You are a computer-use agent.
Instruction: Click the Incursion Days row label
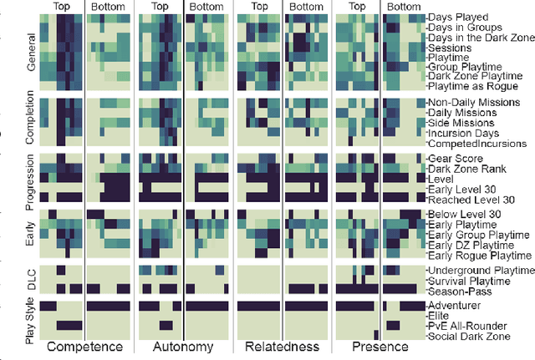(x=463, y=132)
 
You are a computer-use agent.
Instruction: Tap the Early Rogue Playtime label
(x=479, y=256)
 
